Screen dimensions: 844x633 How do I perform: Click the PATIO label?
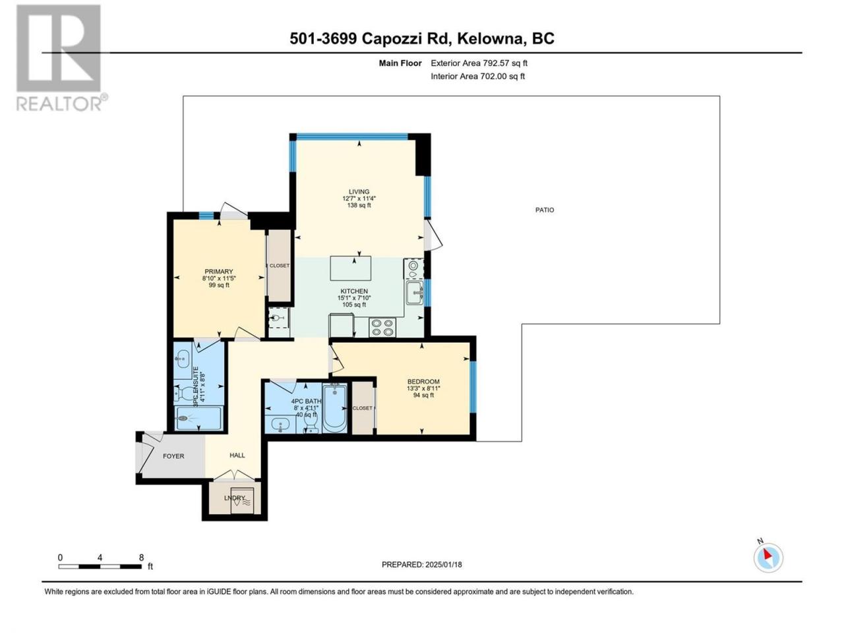click(x=545, y=210)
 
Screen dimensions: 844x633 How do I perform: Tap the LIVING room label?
click(x=359, y=191)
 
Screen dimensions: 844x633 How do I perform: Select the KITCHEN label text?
click(x=353, y=291)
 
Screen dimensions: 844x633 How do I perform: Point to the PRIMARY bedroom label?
click(x=218, y=272)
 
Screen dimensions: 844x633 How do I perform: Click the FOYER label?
click(x=173, y=456)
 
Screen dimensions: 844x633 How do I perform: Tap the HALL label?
click(x=237, y=455)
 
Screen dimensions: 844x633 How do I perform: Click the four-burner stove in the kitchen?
click(x=382, y=328)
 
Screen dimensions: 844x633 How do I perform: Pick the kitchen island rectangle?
click(x=351, y=268)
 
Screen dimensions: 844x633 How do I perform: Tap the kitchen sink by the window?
click(x=415, y=293)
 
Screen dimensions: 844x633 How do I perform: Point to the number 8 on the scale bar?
click(x=142, y=557)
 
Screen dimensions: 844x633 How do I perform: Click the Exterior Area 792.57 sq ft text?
click(x=479, y=63)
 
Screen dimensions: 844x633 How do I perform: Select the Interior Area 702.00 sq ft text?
click(x=477, y=76)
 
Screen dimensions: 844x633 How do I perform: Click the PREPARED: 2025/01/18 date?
click(x=422, y=564)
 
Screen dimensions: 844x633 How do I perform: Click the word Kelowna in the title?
click(x=491, y=39)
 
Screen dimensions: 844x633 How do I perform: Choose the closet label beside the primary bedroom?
click(x=279, y=266)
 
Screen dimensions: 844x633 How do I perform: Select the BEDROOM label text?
click(x=423, y=381)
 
